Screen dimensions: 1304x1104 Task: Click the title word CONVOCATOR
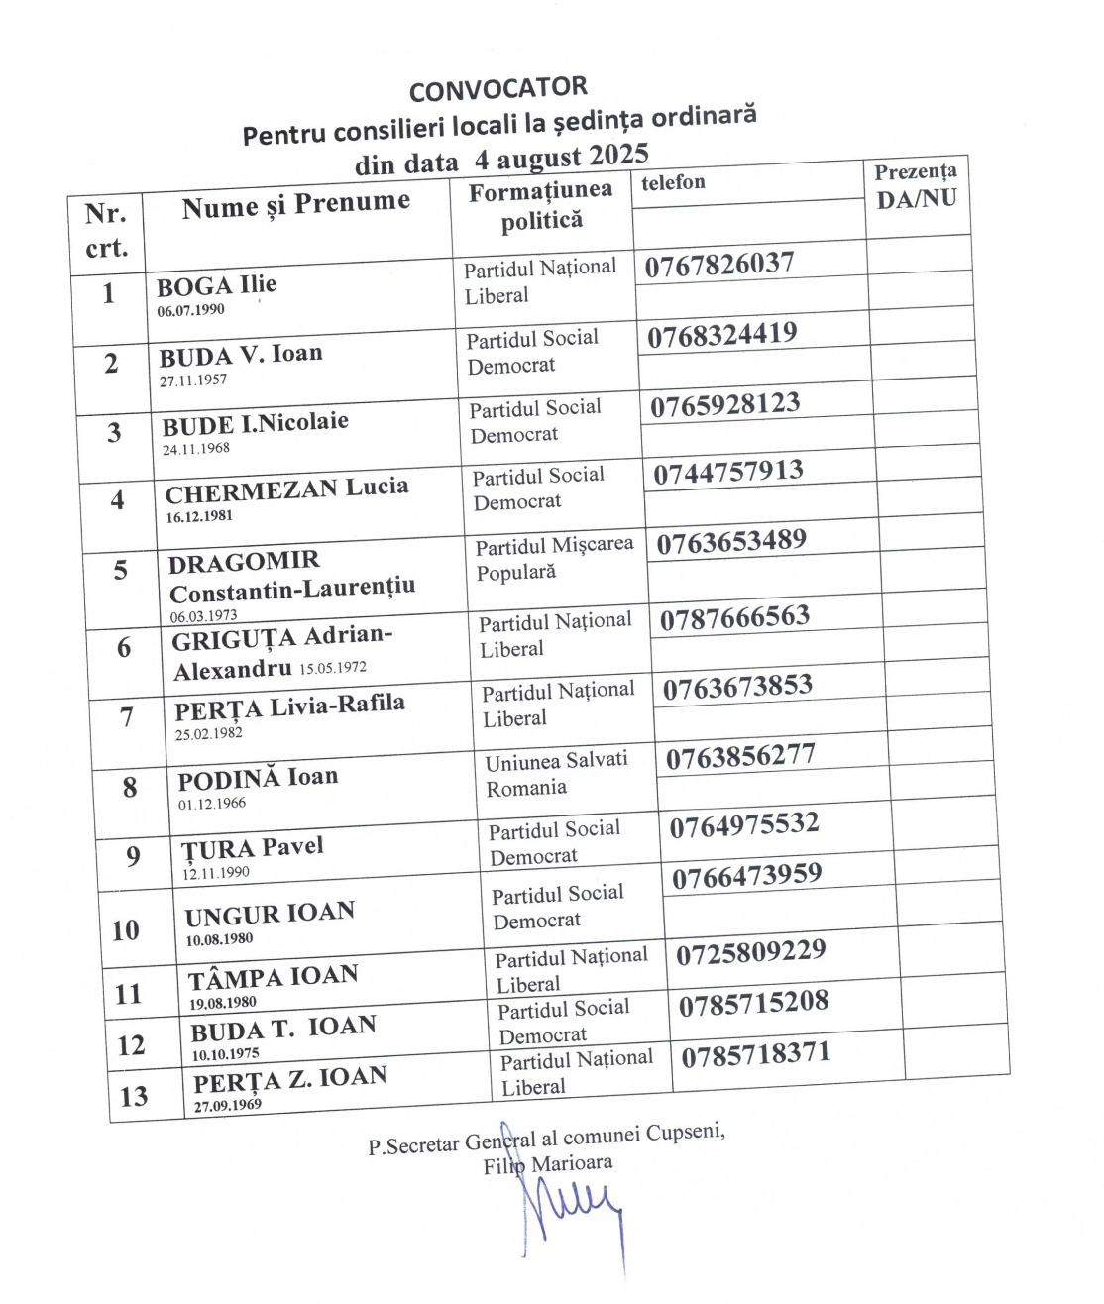(497, 89)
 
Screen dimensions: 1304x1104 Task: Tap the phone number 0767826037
(719, 265)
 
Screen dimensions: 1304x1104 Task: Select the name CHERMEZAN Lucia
(286, 489)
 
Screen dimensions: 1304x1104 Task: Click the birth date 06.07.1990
(190, 310)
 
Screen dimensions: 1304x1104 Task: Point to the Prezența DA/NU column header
(916, 185)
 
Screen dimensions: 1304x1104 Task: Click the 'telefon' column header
(673, 182)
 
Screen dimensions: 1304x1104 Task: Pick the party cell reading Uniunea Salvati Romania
(555, 774)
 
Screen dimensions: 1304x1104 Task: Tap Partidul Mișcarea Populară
(553, 559)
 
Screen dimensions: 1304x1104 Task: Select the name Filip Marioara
(547, 1164)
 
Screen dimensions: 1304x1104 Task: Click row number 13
(134, 1096)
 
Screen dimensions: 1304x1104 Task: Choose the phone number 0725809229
(751, 953)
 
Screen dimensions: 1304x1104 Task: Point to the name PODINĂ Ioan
(258, 778)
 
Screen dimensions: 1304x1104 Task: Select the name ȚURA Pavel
(253, 849)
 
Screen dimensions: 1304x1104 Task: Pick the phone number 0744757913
(727, 472)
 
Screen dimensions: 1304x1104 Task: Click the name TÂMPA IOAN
(274, 978)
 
